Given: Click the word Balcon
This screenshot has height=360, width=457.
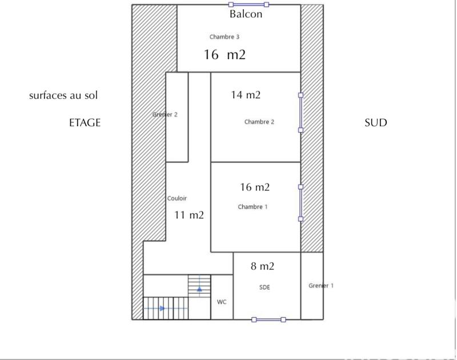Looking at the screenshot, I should (x=246, y=14).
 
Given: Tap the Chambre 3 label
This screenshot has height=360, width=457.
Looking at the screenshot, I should (x=224, y=37).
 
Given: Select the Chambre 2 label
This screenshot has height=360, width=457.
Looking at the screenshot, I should (x=259, y=122).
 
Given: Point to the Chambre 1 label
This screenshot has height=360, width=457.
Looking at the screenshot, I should (x=252, y=207).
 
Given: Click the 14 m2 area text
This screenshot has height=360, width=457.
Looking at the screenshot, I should (x=246, y=95).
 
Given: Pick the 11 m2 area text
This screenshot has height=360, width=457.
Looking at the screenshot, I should (x=189, y=215).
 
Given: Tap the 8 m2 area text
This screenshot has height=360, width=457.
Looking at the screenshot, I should (x=263, y=266).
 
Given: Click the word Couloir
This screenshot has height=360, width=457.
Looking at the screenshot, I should (x=177, y=199).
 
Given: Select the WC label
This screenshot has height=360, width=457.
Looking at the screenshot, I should (x=222, y=302).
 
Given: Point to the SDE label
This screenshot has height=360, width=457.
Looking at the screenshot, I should (x=264, y=287).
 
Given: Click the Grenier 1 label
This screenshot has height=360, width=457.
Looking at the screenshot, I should (x=320, y=286).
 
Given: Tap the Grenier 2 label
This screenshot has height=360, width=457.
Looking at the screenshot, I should (x=165, y=114).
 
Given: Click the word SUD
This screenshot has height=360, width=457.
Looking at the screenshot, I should (x=375, y=123).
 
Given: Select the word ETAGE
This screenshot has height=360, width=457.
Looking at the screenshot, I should (x=85, y=123).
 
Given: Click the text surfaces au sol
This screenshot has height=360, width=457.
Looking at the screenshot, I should (x=63, y=95).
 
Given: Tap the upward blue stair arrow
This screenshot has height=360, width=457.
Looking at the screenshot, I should (x=199, y=289).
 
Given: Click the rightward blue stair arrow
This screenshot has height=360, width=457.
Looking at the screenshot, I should (x=162, y=308).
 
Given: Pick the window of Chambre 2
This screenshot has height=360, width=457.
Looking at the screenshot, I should (x=301, y=113).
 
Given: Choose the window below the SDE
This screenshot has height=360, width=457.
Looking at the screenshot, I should (x=268, y=319).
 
